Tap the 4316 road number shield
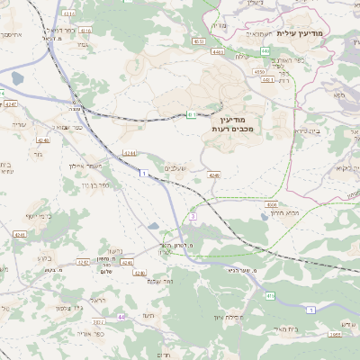point(85,31)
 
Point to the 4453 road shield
point(199,40)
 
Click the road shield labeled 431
point(191,114)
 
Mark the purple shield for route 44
point(121,317)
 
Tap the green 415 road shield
point(270,294)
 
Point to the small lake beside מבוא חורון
point(262,216)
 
